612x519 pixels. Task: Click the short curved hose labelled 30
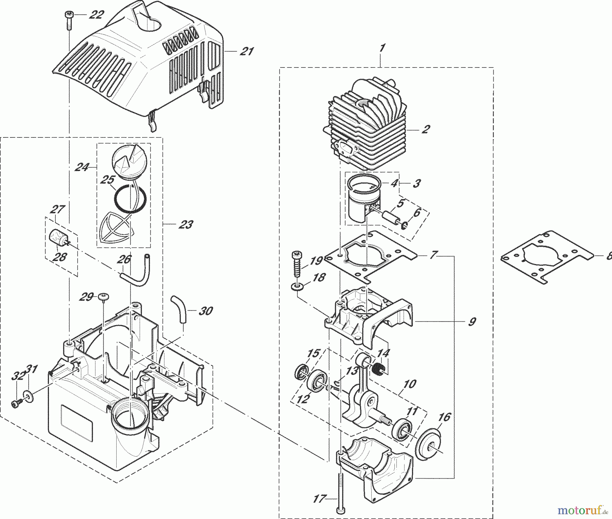click(179, 309)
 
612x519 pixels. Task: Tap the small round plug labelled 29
click(103, 297)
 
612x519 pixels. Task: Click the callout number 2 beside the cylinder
click(425, 129)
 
